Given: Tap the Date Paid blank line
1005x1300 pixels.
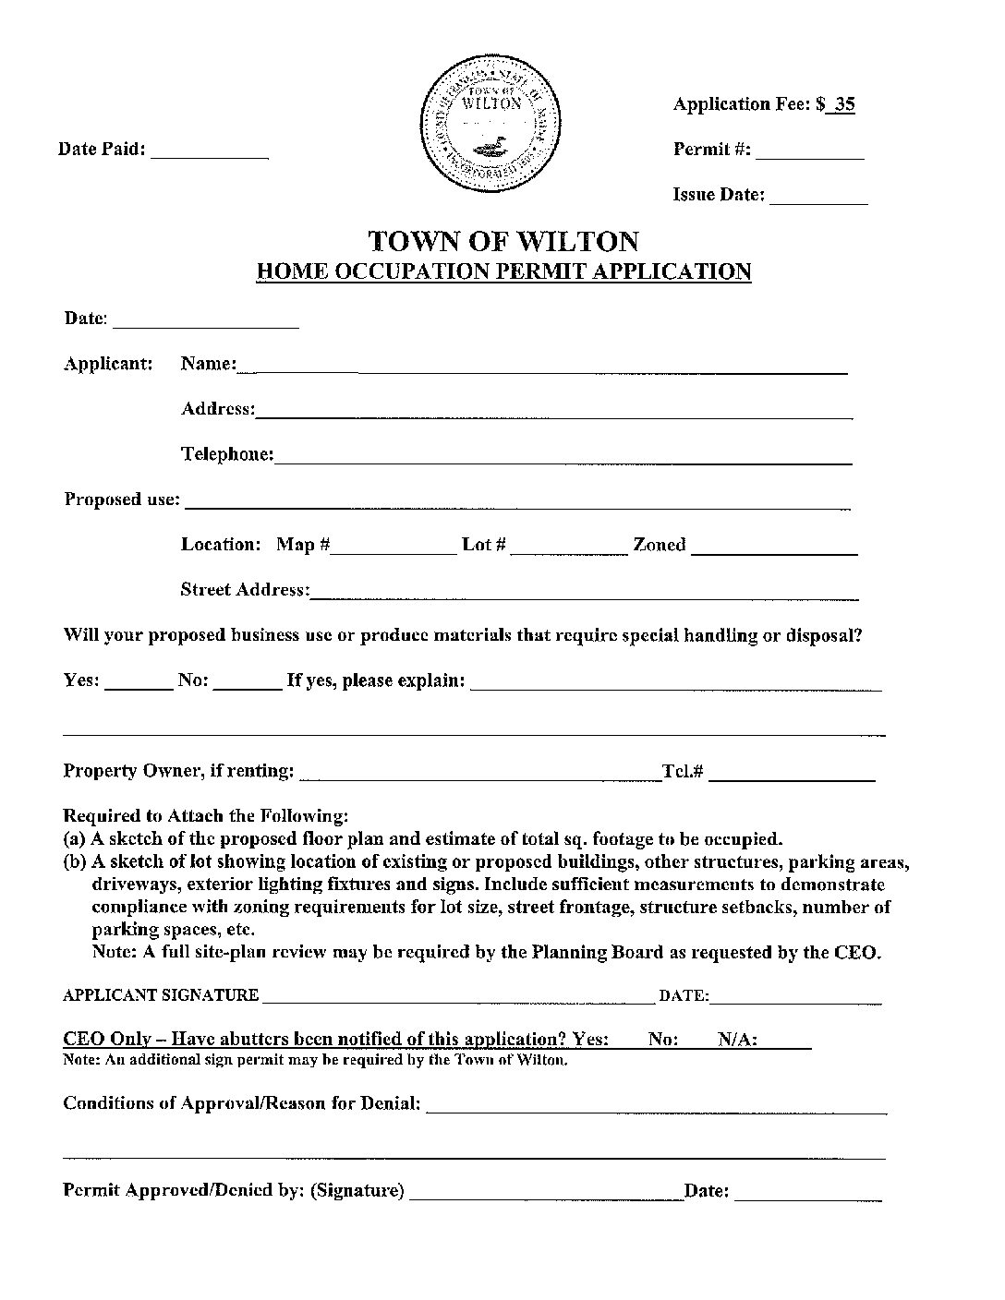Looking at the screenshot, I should coord(209,151).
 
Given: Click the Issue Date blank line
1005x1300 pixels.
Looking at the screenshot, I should coord(818,197).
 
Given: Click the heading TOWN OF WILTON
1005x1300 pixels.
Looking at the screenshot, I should coord(502,241).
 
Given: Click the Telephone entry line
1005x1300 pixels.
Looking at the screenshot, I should coord(563,456).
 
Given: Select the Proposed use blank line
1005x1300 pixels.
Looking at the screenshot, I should coord(517,501).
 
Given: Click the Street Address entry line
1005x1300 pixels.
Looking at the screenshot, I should coord(584,592).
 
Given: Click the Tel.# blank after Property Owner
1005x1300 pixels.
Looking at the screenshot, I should coord(792,774).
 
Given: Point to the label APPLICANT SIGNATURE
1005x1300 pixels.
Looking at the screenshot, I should coord(161,995).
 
